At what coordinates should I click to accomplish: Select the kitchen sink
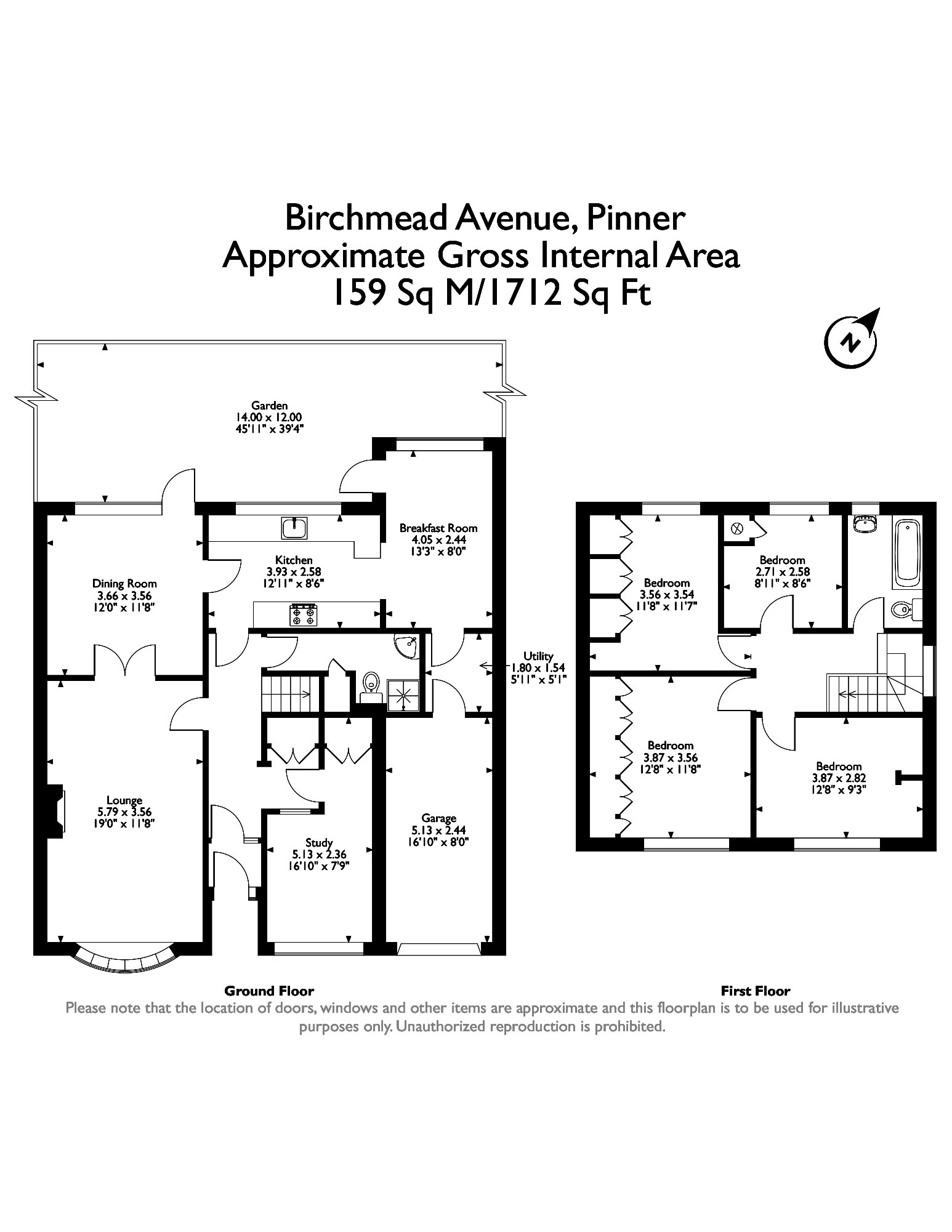[x=296, y=528]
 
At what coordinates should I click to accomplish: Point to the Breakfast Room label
[x=438, y=528]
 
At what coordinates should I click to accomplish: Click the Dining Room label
[x=124, y=584]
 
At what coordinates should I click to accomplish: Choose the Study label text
[x=319, y=842]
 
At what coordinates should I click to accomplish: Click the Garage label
[x=439, y=818]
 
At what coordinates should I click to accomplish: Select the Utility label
[x=538, y=656]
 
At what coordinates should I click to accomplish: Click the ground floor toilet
[x=371, y=686]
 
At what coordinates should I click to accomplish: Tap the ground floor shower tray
[x=404, y=695]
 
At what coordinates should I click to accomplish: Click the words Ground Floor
[x=269, y=991]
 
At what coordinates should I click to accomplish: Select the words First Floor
[x=755, y=991]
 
